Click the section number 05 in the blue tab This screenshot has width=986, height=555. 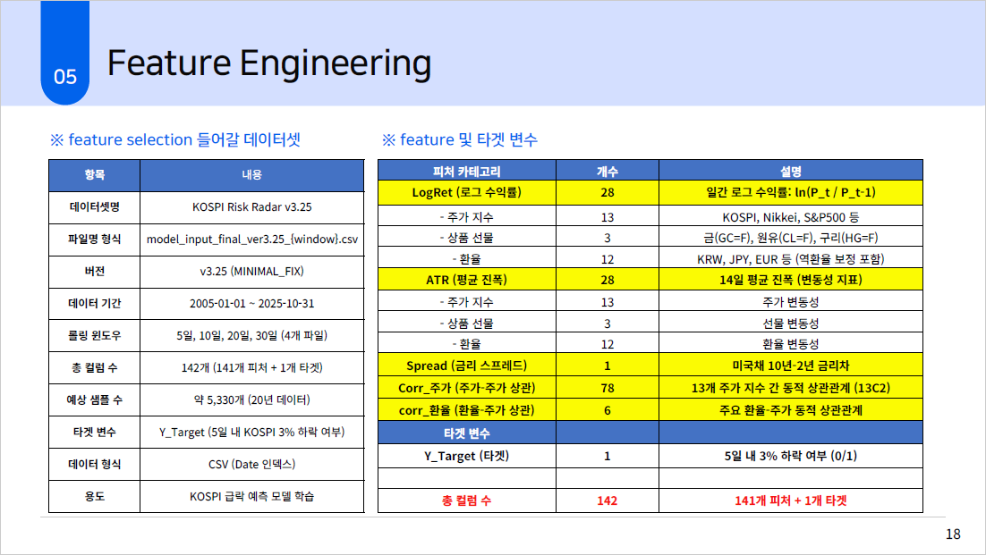pos(65,77)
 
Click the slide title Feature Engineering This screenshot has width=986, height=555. pos(269,63)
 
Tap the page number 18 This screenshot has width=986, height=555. pos(953,534)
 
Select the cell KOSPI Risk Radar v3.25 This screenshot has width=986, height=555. pos(252,207)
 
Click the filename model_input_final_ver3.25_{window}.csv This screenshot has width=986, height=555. pos(252,240)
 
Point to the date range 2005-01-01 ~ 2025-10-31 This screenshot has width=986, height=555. pos(252,303)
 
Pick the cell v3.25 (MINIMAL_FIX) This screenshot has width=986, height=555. pos(252,271)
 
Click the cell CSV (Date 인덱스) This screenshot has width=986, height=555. pos(252,464)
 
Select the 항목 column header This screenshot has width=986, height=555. pos(94,174)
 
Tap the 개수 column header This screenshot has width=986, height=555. pos(608,171)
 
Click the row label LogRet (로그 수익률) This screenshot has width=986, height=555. pos(466,192)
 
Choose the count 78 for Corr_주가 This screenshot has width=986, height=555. pos(608,388)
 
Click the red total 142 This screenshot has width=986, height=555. pos(608,500)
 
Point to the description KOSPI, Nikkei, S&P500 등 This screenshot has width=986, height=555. pos(790,217)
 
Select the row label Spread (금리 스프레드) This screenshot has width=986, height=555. pos(466,366)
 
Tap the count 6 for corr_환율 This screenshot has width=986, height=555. pos(608,410)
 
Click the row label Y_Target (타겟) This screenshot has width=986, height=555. pos(466,456)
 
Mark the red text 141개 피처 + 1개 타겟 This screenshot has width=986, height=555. pos(790,500)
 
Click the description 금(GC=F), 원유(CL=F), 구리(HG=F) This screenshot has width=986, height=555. pos(790,238)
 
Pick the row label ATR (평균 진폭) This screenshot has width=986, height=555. pos(466,280)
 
